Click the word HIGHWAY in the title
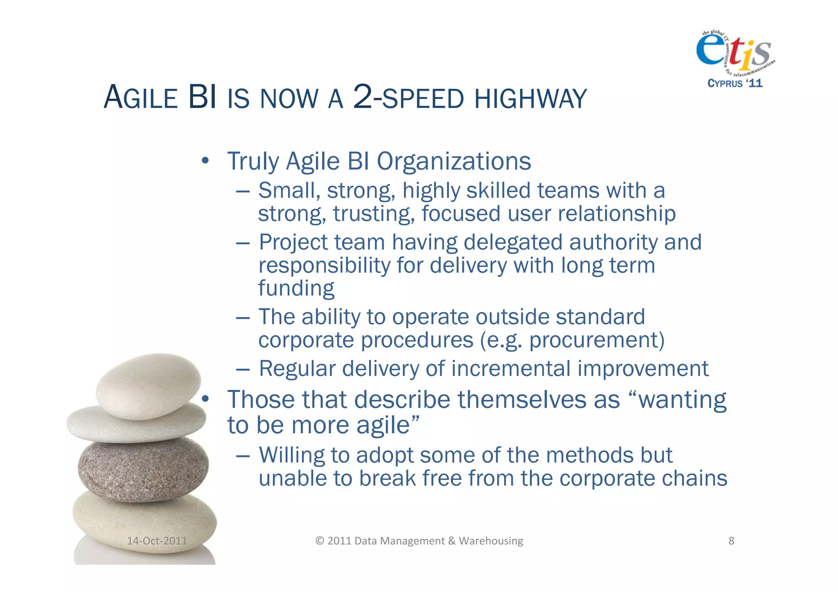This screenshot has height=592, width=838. point(530,99)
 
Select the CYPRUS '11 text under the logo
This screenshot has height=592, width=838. point(735,83)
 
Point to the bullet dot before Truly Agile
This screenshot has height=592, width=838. point(205,160)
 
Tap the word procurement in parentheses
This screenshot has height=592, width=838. point(593,340)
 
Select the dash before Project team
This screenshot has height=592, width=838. point(243,243)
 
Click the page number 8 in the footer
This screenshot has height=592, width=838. point(731,541)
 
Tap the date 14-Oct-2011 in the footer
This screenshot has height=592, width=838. point(157,541)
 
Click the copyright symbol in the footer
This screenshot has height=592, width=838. point(320,541)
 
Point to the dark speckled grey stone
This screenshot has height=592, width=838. point(143,468)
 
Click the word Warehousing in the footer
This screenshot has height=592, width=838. point(491,541)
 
